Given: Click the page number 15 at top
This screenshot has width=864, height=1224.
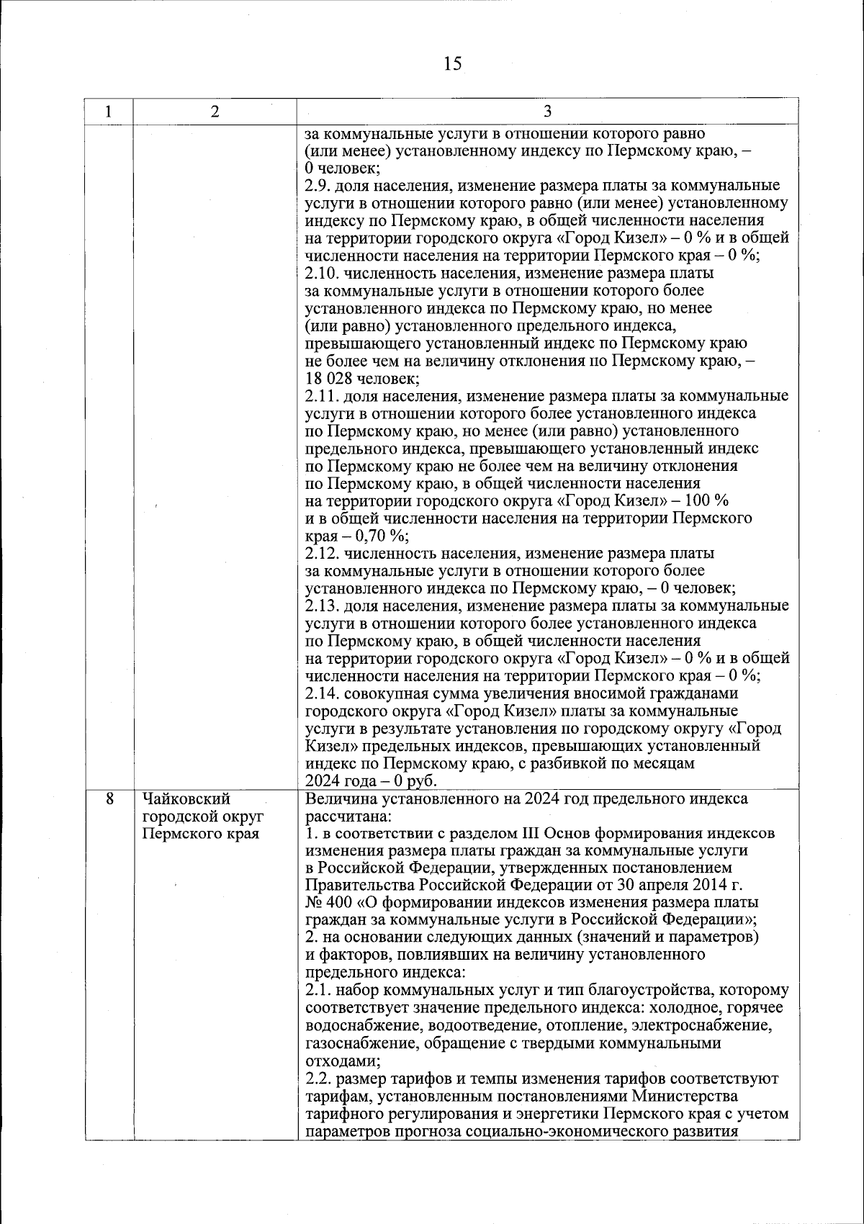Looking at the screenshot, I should tap(452, 64).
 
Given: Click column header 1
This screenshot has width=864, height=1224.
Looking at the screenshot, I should tap(108, 112).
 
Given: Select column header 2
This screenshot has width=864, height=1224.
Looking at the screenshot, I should tap(215, 112).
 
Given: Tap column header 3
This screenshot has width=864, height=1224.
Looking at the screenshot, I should tap(547, 112).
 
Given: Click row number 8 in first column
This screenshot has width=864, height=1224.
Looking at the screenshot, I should tap(109, 798).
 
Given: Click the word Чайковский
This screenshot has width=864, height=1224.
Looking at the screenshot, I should tap(186, 798).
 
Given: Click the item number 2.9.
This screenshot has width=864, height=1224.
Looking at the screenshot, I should tap(318, 186).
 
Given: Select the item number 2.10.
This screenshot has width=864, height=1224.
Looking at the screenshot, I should tap(321, 274).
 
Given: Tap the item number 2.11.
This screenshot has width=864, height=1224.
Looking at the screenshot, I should tap(321, 396).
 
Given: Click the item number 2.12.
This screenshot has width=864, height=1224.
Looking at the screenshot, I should tap(321, 554).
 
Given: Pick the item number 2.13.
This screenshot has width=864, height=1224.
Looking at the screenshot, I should tap(321, 606).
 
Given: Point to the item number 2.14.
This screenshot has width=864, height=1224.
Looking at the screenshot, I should tap(321, 693).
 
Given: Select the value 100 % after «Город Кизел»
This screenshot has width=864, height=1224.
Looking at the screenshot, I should tap(706, 501).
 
